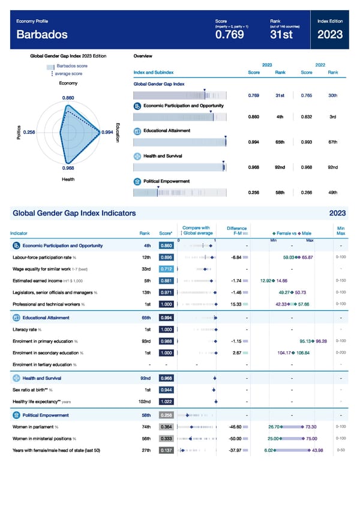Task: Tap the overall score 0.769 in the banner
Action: pos(229,35)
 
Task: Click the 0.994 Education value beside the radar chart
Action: pos(108,132)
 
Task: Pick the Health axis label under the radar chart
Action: pos(68,179)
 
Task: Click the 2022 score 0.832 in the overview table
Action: pos(306,117)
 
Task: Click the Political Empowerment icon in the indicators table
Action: pos(16,415)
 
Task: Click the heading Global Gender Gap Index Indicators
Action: pos(74,213)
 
